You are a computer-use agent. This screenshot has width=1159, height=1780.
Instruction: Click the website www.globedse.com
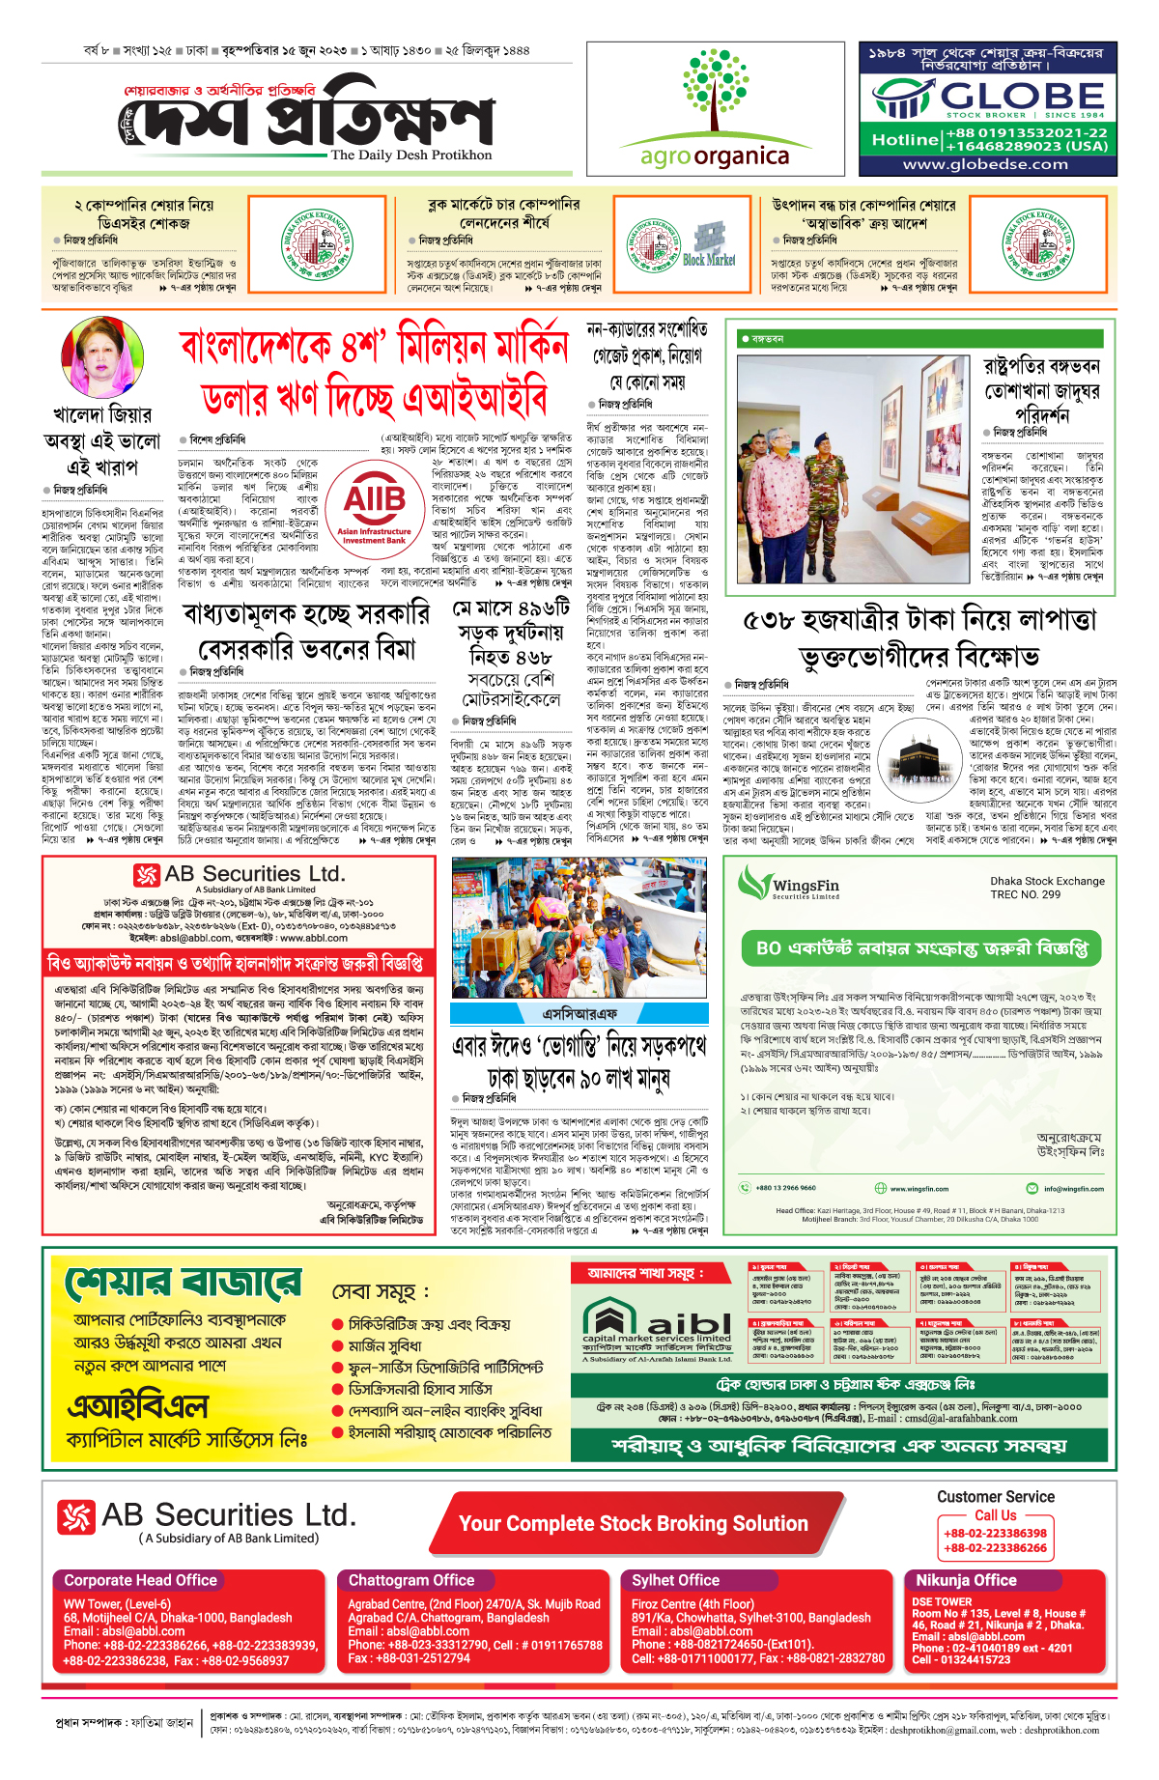coord(985,164)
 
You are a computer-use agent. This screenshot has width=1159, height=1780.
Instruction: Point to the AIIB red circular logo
coord(375,506)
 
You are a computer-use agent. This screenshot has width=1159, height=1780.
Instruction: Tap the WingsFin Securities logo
coord(789,883)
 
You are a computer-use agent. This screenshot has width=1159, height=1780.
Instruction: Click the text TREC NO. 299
coord(1025,894)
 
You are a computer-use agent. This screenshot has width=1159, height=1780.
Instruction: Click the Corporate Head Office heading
coord(140,1580)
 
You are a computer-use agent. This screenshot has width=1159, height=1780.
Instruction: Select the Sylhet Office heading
coord(675,1580)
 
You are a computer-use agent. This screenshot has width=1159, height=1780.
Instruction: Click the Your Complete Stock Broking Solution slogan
coord(634,1524)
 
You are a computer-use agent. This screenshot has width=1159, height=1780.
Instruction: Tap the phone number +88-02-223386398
coord(995,1533)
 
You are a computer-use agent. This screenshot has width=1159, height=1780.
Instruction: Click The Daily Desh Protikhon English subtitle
coord(410,155)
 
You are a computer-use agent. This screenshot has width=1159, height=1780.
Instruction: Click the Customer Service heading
coord(995,1497)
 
